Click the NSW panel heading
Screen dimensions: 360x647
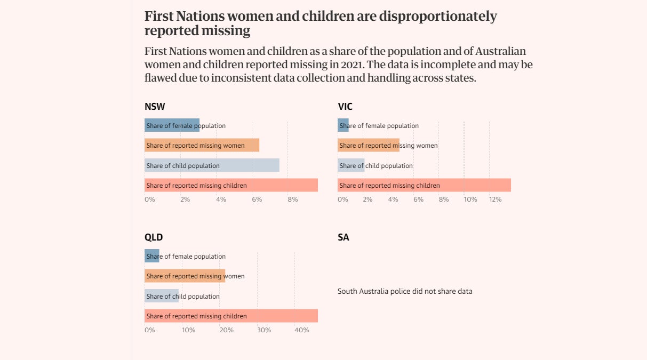coord(155,107)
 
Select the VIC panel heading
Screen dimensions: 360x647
coord(345,107)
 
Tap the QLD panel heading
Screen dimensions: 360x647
coord(154,237)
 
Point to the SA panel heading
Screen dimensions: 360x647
coord(344,237)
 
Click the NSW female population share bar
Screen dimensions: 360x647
coord(172,125)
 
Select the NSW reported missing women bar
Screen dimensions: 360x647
coord(202,145)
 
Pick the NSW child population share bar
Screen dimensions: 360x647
coord(212,165)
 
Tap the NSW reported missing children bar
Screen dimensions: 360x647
coord(231,185)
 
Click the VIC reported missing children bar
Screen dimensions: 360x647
coord(424,185)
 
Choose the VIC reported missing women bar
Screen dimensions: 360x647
coord(368,145)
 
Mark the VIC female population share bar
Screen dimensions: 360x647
coord(343,125)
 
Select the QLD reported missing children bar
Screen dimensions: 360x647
coord(231,316)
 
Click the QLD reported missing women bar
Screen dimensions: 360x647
coord(185,276)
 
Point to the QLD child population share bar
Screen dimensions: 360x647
coord(162,296)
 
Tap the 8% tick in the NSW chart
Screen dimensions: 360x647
coord(292,199)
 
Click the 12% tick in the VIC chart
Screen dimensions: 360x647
coord(496,199)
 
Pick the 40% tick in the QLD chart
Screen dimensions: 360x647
coord(301,330)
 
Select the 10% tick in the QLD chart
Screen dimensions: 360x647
coord(188,330)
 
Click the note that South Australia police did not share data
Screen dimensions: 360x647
coord(405,291)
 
